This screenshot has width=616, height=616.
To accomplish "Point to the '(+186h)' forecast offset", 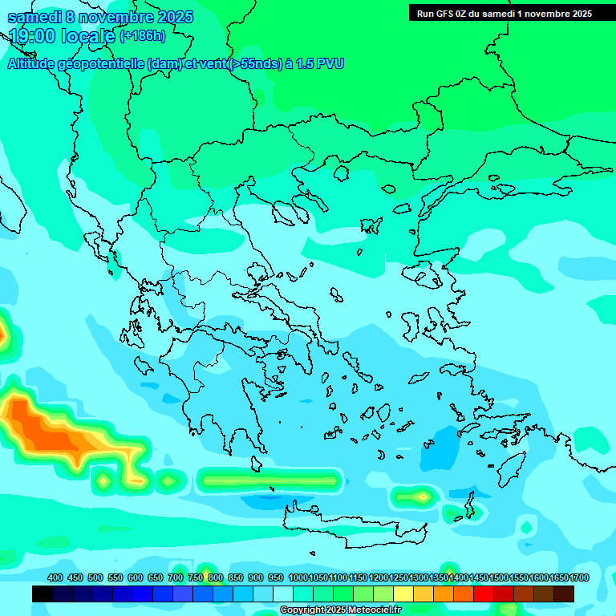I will click(143, 35).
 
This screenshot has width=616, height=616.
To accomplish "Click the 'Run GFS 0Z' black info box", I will click(504, 13).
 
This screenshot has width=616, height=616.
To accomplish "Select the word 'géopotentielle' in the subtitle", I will click(102, 64).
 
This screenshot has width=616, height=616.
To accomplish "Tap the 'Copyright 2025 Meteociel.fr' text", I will click(340, 610).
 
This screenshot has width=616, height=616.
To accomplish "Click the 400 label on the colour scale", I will click(55, 577).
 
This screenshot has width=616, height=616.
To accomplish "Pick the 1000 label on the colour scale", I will click(298, 577).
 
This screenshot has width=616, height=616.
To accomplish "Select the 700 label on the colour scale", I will click(176, 577).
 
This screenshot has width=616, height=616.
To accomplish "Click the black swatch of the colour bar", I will click(43, 594).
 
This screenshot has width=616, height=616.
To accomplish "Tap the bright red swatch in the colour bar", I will click(484, 594).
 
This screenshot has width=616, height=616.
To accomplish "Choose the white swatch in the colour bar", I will click(283, 594).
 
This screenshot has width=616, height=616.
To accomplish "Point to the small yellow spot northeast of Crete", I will click(422, 496).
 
